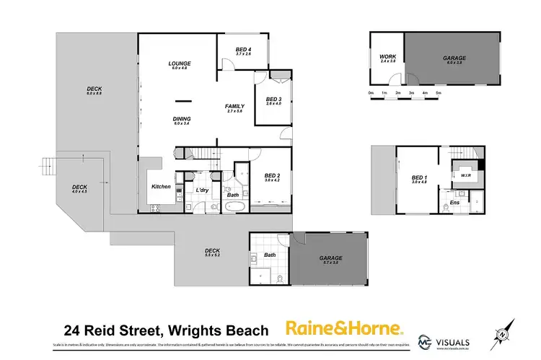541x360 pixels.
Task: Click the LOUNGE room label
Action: point(179,63)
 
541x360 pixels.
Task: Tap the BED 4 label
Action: point(244,49)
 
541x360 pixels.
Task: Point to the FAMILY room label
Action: point(235,106)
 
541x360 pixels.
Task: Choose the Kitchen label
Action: point(161,187)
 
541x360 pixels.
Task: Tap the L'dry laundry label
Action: point(202,190)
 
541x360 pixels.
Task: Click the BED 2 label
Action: point(271,175)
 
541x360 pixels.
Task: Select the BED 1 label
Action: point(419,177)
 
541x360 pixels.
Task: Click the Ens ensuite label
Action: point(454,203)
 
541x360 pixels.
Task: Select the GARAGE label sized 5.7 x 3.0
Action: point(331,258)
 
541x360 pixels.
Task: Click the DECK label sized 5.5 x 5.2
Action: point(212,251)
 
